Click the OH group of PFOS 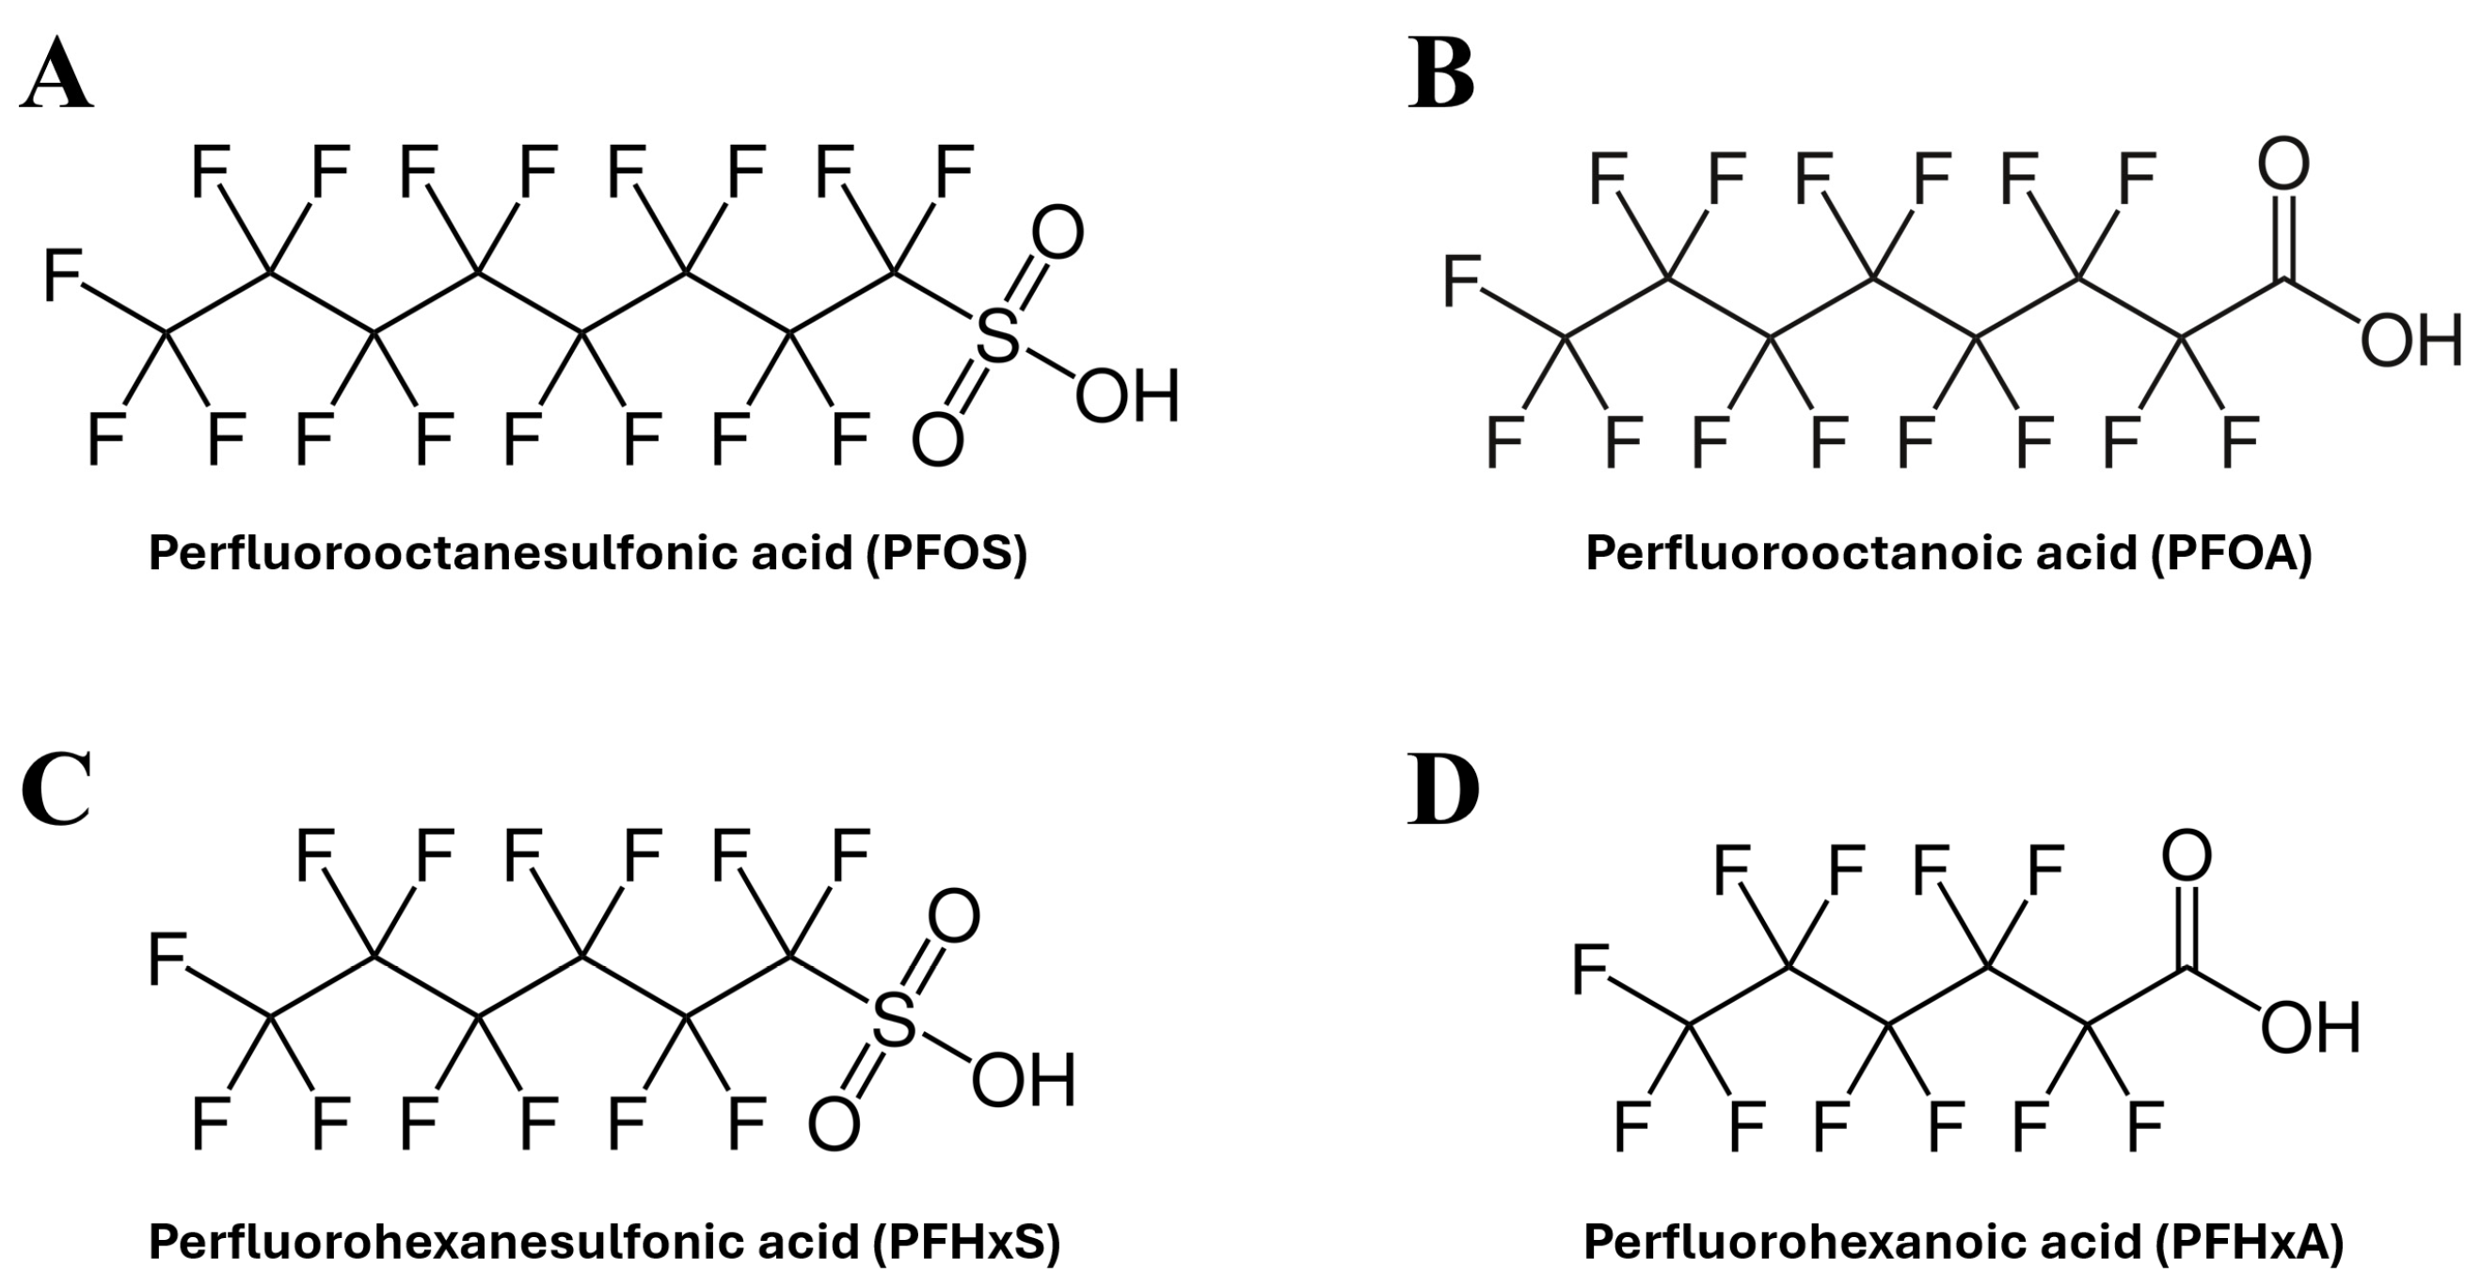click(x=1127, y=397)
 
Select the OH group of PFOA click(x=2409, y=339)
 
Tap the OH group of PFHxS click(x=1023, y=1081)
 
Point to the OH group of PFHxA click(x=2311, y=1028)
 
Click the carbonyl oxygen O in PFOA click(x=2283, y=165)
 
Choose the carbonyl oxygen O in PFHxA click(x=2187, y=855)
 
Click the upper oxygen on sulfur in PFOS click(x=1057, y=233)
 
